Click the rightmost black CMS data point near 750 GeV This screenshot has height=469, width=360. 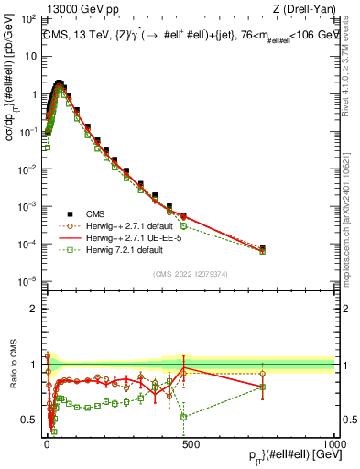(262, 247)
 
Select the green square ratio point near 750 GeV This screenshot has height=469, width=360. (262, 387)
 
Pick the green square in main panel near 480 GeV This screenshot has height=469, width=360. (184, 225)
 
